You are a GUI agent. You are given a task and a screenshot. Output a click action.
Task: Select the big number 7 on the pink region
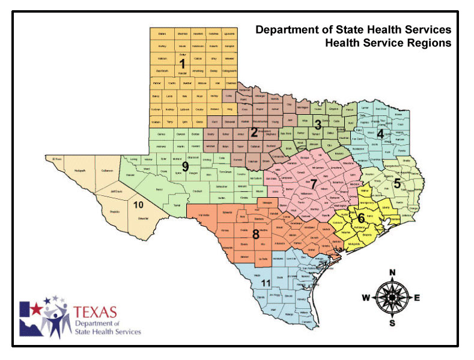click(x=313, y=181)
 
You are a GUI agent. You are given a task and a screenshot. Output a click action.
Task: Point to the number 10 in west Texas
click(x=138, y=205)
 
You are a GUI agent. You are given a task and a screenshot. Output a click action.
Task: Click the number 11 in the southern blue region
click(x=265, y=283)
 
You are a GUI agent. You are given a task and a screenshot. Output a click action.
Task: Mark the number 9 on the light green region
click(x=186, y=166)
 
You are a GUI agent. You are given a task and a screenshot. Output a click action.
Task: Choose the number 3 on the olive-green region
click(x=318, y=126)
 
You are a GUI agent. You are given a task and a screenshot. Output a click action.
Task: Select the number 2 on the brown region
click(x=254, y=132)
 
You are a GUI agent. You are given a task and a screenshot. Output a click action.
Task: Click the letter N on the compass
click(x=392, y=273)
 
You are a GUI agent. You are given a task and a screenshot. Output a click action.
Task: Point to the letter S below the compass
click(x=392, y=323)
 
